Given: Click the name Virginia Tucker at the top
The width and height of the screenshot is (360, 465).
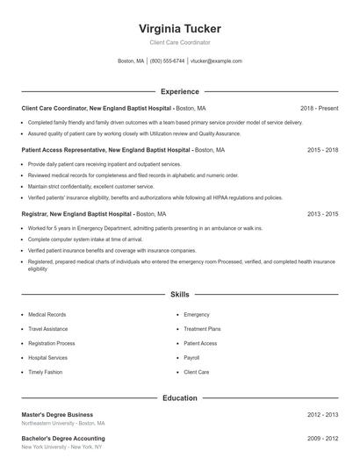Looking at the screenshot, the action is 180,28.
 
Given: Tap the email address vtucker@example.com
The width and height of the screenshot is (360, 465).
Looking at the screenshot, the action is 216,61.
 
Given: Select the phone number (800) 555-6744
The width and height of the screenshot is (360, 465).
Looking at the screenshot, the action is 167,61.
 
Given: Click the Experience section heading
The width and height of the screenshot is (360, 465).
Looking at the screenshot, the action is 180,91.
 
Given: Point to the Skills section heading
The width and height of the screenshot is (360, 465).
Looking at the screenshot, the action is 180,295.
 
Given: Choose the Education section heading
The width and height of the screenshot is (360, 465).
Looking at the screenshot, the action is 180,398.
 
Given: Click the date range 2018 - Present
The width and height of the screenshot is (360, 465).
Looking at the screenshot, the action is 319,108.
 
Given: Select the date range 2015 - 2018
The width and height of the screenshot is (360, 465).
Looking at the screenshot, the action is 323,150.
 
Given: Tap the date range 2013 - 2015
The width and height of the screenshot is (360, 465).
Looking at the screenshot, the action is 323,213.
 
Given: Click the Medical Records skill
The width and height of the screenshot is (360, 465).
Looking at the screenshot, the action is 47,314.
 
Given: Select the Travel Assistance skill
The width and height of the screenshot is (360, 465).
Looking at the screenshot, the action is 48,329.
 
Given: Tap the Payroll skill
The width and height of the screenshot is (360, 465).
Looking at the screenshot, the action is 191,358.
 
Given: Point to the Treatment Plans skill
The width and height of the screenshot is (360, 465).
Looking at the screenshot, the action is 202,329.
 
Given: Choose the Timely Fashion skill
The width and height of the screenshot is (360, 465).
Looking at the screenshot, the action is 45,372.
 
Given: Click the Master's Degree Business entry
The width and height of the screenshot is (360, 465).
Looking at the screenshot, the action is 57,414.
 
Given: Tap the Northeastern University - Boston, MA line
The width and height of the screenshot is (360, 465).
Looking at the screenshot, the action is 62,423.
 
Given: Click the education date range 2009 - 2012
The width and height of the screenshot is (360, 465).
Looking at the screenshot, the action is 323,438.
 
